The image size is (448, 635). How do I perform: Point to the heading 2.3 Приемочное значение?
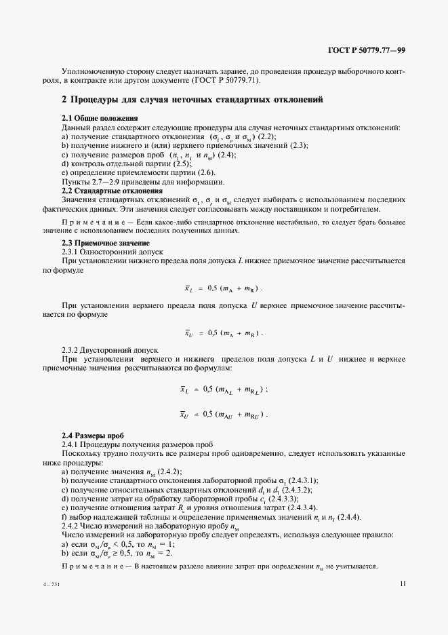[x=105, y=243]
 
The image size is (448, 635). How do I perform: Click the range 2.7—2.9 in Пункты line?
[x=101, y=182]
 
